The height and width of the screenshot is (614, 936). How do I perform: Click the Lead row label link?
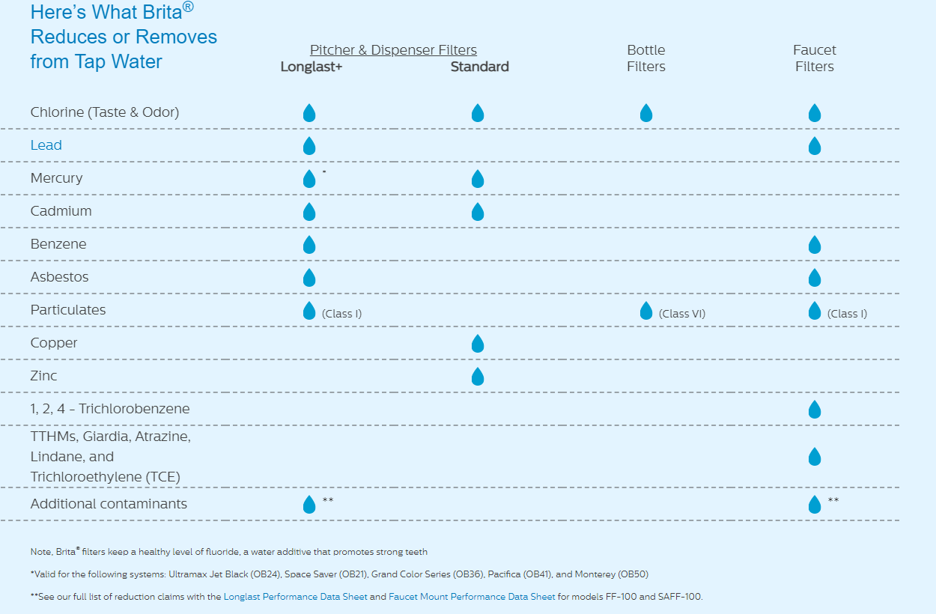point(46,145)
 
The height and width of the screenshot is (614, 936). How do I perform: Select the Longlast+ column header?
point(312,67)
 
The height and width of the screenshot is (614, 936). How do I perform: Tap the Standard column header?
point(479,67)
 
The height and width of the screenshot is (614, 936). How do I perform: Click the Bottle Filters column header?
point(646,58)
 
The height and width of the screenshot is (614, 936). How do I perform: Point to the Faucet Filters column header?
point(815,58)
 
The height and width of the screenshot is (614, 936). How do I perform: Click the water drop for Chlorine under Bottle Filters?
point(646,113)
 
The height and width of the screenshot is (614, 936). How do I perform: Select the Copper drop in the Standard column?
point(478,344)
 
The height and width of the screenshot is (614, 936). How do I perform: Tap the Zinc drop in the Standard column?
point(478,377)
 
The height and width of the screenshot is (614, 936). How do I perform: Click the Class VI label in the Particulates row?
point(682,314)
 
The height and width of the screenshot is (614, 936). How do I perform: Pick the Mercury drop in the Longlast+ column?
point(309,179)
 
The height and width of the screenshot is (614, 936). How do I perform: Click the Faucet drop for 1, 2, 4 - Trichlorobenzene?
point(815,410)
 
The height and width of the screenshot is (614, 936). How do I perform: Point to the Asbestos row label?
point(59,277)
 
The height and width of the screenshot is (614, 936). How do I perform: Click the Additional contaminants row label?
point(109,504)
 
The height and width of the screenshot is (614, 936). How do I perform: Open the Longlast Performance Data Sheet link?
point(295,597)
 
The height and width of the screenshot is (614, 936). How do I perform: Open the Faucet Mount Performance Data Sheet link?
point(472,597)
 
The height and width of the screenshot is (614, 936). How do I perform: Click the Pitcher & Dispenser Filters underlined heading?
point(393,50)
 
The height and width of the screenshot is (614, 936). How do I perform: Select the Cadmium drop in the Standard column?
point(478,212)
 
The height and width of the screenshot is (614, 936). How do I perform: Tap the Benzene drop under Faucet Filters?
point(815,245)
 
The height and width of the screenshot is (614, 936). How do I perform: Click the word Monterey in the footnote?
point(595,574)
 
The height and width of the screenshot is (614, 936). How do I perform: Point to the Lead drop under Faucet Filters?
point(815,146)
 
